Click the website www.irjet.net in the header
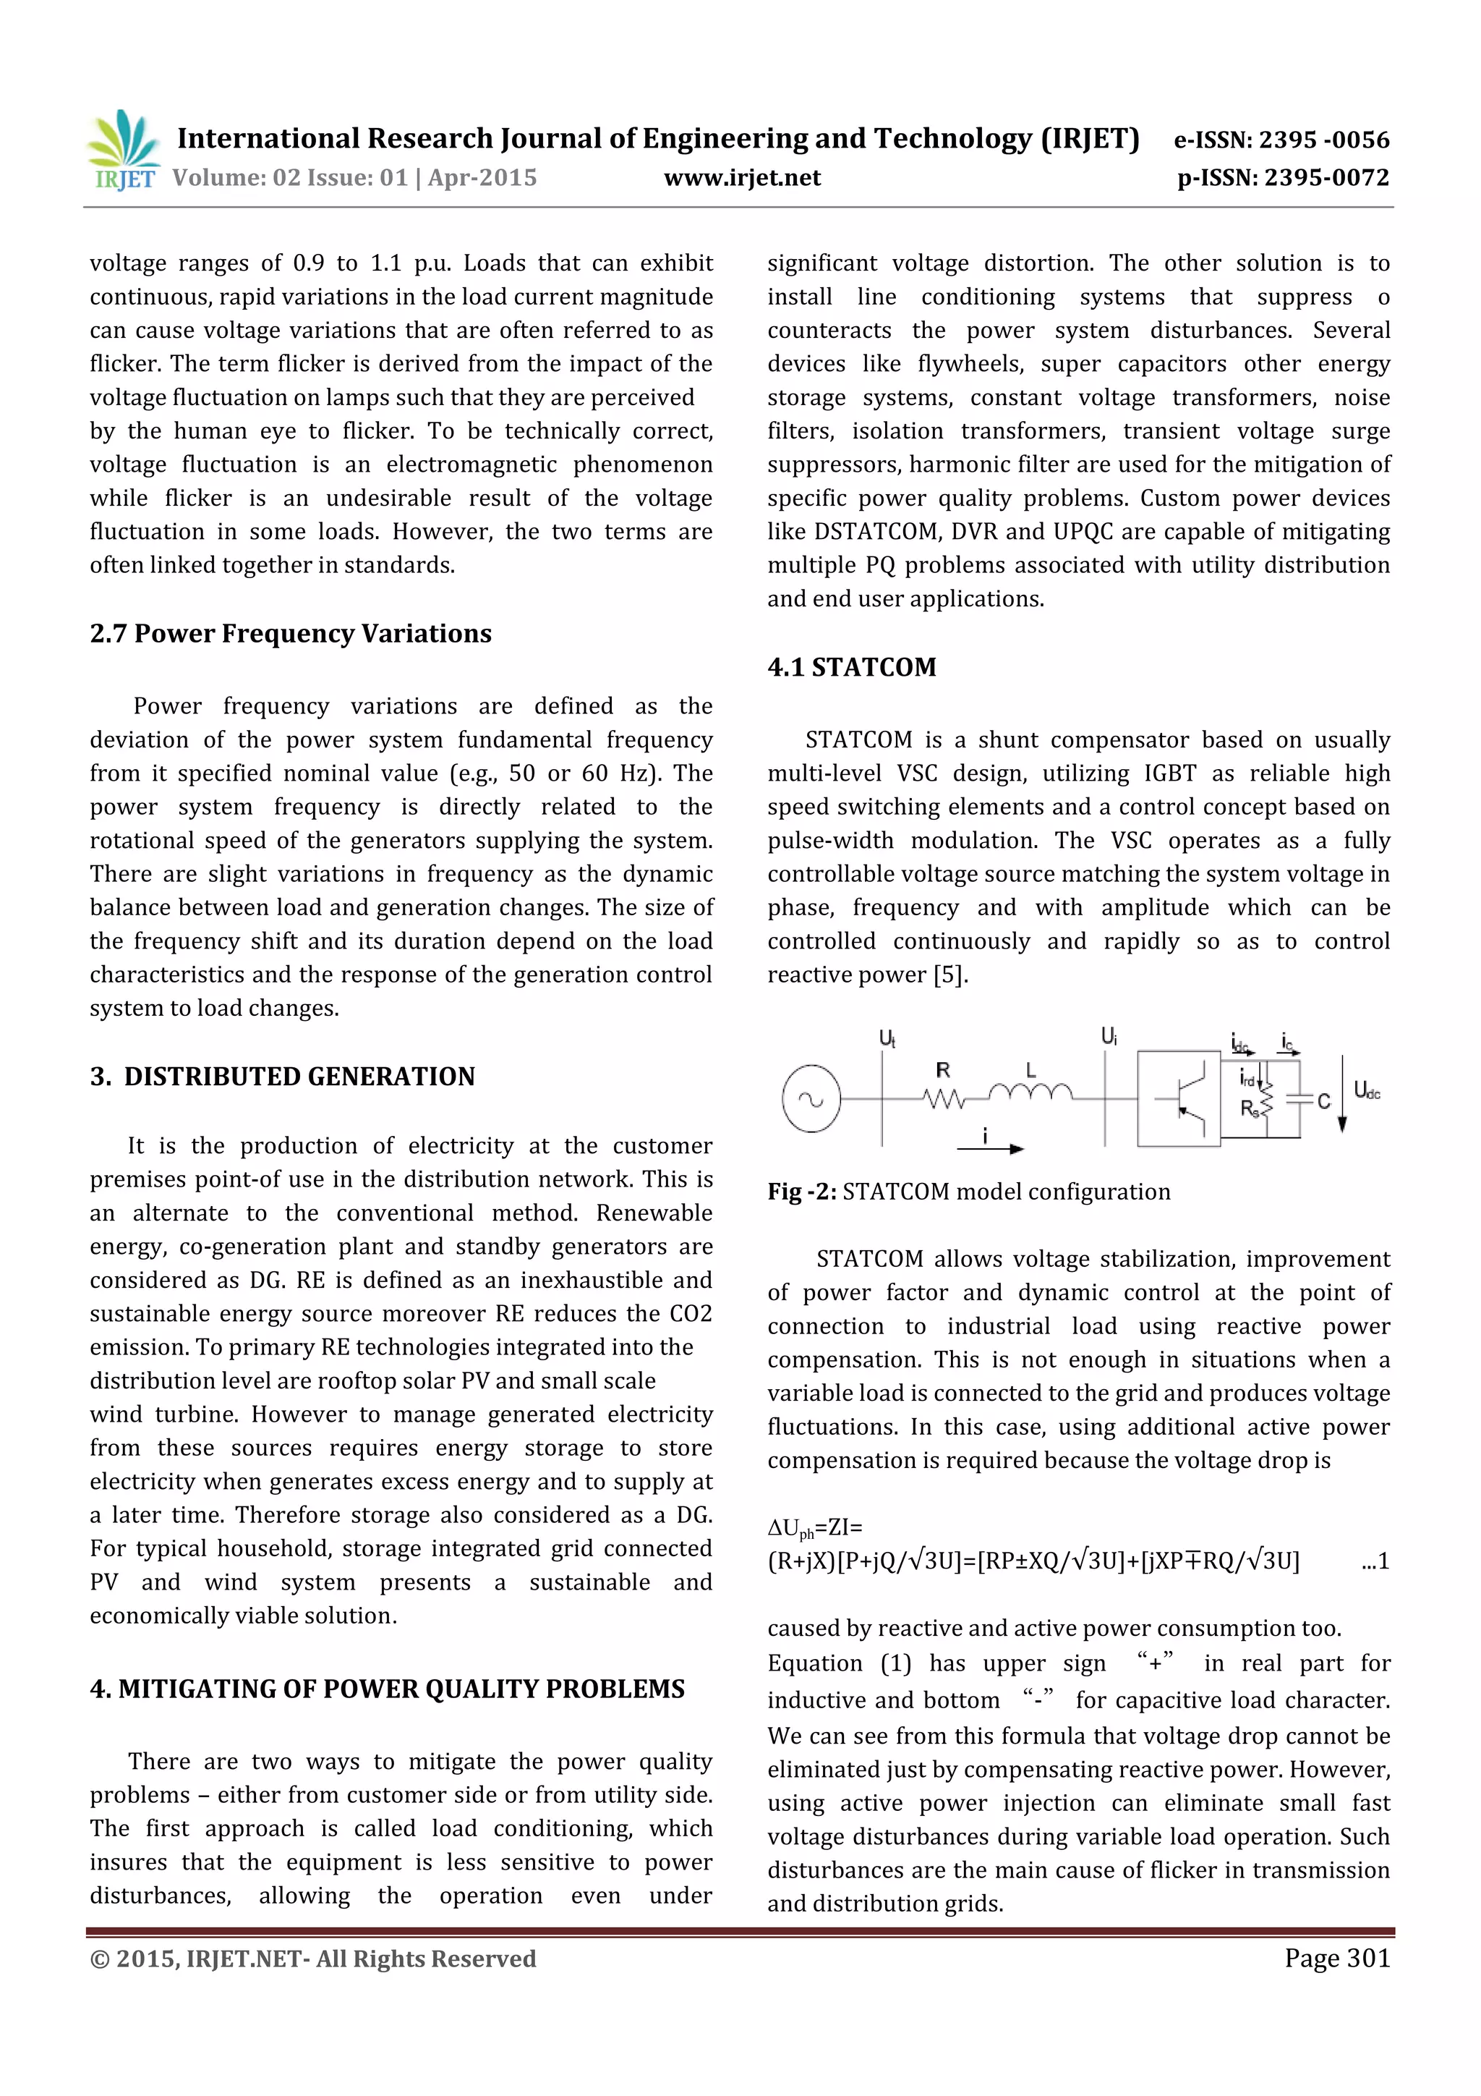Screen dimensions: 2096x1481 click(742, 178)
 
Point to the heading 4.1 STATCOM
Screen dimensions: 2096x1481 click(851, 666)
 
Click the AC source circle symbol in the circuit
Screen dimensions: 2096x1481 click(811, 1099)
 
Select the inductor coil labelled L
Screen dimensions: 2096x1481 click(1030, 1091)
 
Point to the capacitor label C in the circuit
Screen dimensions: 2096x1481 click(1323, 1101)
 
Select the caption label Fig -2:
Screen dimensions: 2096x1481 click(801, 1192)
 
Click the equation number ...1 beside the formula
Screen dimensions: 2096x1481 click(1374, 1560)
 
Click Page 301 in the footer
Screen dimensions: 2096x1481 click(1337, 1957)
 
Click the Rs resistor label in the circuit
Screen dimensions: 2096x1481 click(1248, 1108)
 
